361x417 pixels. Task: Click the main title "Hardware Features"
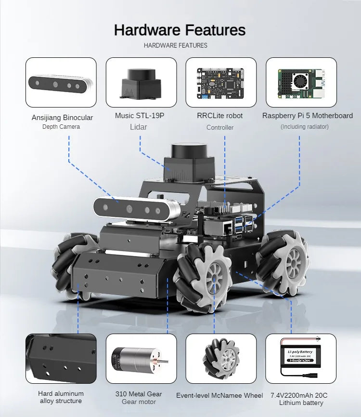[180, 30]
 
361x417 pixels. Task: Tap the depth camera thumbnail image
[61, 83]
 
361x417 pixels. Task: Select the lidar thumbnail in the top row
[141, 83]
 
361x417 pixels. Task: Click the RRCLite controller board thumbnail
[221, 83]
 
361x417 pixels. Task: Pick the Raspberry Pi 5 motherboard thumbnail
[301, 83]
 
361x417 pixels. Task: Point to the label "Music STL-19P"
[140, 116]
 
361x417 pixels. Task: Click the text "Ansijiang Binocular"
[63, 118]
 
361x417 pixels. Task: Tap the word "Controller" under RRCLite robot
[220, 127]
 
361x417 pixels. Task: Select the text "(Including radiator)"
[305, 127]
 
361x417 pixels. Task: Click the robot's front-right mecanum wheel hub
[213, 278]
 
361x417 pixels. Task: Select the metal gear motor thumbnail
[141, 359]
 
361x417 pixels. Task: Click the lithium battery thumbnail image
[301, 359]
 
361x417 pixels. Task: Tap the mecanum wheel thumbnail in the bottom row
[221, 359]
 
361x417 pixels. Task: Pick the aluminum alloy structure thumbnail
[61, 359]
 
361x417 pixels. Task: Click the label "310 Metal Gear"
[139, 394]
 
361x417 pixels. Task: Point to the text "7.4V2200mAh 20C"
[299, 395]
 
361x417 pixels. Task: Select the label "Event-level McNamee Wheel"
[219, 395]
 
